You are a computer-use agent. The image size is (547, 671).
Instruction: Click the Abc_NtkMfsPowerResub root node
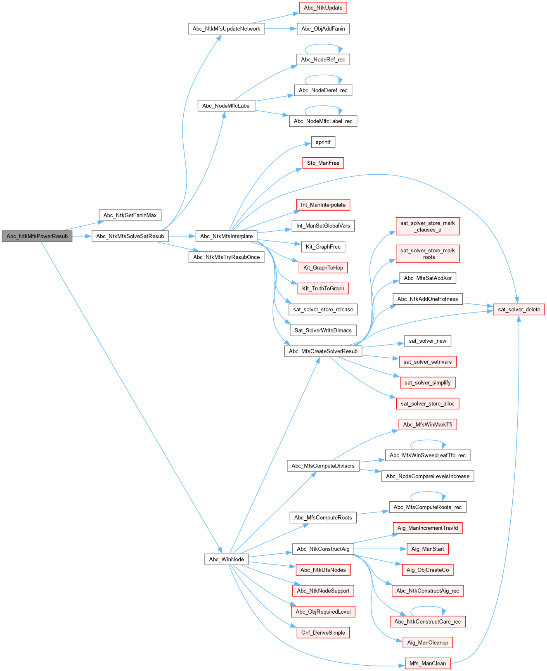point(37,236)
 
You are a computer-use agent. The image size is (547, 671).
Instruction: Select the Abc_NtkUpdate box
point(323,8)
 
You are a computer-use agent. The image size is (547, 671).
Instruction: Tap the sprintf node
point(323,142)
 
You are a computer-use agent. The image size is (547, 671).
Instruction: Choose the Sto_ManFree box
point(323,163)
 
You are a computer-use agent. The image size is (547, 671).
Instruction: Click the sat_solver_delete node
point(519,309)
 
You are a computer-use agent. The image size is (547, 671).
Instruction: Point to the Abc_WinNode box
point(226,559)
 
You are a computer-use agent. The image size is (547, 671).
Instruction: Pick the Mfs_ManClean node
point(428,664)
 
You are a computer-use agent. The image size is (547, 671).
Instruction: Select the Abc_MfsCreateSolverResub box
point(323,351)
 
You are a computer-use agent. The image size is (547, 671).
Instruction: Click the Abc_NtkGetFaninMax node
point(130,215)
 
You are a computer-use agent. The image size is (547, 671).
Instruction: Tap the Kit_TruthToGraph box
point(323,289)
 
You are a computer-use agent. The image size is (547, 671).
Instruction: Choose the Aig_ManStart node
point(428,549)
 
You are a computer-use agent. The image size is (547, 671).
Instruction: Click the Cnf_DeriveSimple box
point(323,633)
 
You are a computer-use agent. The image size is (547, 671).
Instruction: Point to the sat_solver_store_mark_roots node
point(428,254)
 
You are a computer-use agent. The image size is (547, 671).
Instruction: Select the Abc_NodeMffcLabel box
point(226,106)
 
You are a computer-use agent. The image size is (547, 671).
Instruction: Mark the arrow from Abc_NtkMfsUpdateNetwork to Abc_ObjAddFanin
point(281,28)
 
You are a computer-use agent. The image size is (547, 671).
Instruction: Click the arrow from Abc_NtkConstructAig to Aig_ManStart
point(378,549)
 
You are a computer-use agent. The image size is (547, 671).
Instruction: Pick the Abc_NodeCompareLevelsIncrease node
point(428,476)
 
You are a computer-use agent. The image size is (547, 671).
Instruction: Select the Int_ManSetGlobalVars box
point(323,226)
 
